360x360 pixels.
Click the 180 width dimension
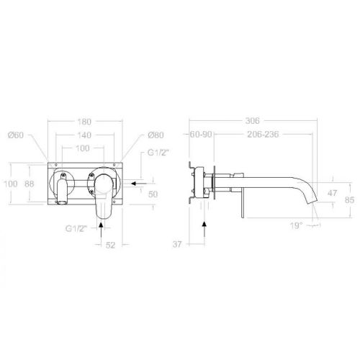[x=85, y=122]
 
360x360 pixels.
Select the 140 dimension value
[x=84, y=135]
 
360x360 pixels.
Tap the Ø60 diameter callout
[x=16, y=135]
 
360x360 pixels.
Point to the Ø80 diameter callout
[x=156, y=135]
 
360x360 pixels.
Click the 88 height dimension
[x=30, y=184]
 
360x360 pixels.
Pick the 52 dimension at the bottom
[x=110, y=245]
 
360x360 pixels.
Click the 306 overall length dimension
[x=252, y=120]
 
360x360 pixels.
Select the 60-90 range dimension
[x=201, y=135]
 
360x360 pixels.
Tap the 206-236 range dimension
[x=263, y=135]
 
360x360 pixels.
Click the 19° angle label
[x=296, y=225]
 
